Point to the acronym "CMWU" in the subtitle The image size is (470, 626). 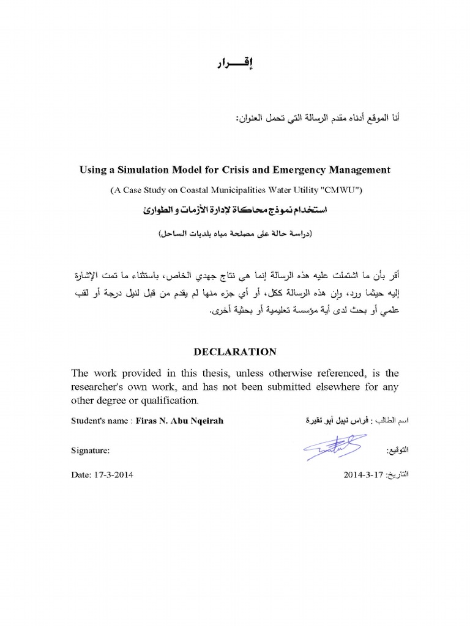[343, 190]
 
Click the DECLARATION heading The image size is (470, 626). [235, 352]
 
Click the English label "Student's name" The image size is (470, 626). [99, 421]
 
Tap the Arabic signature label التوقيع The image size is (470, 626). [398, 451]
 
